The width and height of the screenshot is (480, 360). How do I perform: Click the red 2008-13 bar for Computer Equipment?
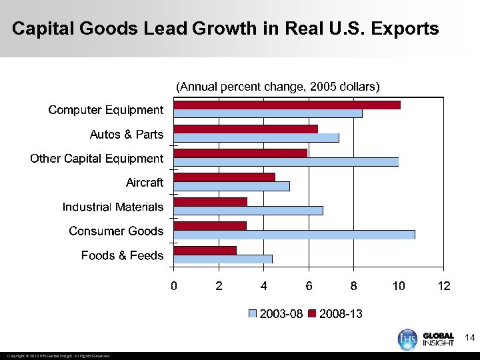pos(287,105)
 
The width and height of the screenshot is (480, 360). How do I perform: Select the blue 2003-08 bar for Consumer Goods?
pos(294,235)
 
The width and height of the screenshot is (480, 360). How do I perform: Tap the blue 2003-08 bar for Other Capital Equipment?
pos(286,161)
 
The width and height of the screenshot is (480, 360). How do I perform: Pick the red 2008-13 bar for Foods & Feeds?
pos(205,250)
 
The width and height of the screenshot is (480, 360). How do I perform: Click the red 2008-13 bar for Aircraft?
pos(224,177)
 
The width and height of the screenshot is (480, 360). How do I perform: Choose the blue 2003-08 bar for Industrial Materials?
pos(248,211)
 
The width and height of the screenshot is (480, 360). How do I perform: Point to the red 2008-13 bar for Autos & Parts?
pos(245,129)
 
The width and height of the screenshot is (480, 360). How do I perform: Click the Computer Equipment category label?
pos(105,110)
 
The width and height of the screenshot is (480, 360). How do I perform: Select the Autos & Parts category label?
pos(126,135)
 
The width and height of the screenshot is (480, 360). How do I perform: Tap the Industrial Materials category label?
pos(113,207)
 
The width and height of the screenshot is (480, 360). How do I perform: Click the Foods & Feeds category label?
pos(122,256)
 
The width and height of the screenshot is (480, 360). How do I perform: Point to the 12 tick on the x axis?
pos(444,286)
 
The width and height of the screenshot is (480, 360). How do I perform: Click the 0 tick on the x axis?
pos(174,286)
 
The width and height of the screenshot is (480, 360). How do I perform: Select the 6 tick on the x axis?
pos(309,286)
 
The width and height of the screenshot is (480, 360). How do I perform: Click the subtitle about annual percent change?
pos(277,87)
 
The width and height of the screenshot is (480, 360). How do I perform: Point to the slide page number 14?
pos(469,339)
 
